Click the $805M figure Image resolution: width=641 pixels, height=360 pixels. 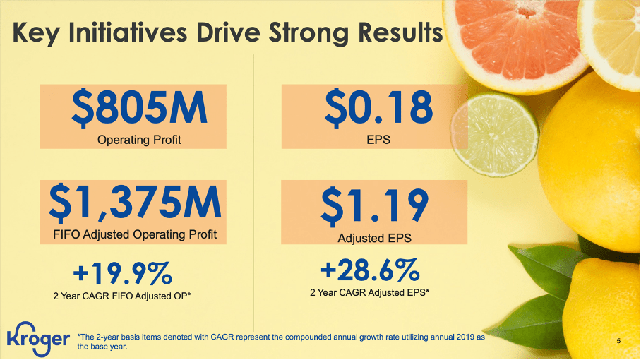pos(139,108)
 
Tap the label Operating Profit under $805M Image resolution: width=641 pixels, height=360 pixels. pos(139,140)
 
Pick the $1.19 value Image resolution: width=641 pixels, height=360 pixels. pos(374,205)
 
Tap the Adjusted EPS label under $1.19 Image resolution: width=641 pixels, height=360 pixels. pos(374,239)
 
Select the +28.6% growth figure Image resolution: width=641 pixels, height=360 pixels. pos(370,269)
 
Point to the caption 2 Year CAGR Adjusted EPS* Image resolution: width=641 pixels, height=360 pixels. pos(370,291)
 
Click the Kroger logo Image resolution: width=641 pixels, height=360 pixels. pos(38,337)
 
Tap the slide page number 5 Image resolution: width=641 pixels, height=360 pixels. pos(618,342)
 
